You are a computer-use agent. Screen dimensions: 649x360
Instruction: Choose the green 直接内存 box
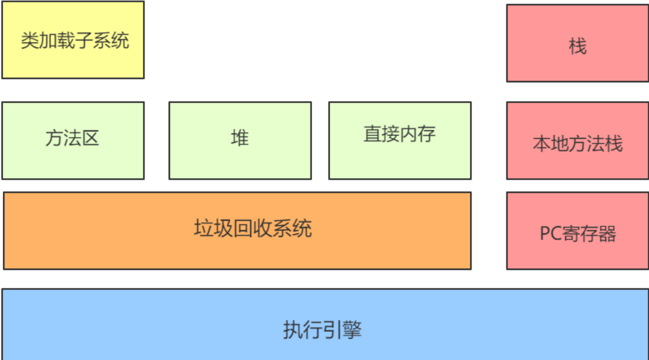click(400, 158)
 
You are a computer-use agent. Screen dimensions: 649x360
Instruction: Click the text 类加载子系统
click(75, 41)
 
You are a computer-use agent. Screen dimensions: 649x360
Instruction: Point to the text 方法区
click(72, 138)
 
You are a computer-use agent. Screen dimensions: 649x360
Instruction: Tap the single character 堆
click(240, 137)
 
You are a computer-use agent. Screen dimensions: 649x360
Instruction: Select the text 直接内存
click(400, 134)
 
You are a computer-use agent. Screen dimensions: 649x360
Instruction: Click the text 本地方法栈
click(578, 144)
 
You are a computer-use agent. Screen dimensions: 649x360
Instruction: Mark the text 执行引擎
click(322, 330)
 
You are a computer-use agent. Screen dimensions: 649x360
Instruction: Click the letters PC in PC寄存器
click(550, 234)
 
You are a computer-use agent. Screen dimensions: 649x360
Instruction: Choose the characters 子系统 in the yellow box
click(111, 41)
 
